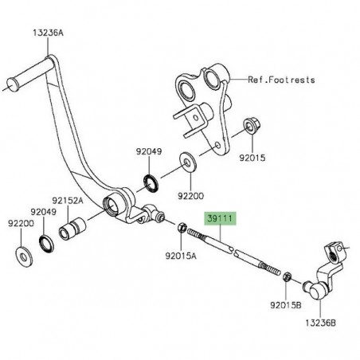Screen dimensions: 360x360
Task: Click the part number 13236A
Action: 27,34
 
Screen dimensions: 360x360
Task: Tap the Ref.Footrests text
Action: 281,80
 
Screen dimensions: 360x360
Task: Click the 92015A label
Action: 180,256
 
